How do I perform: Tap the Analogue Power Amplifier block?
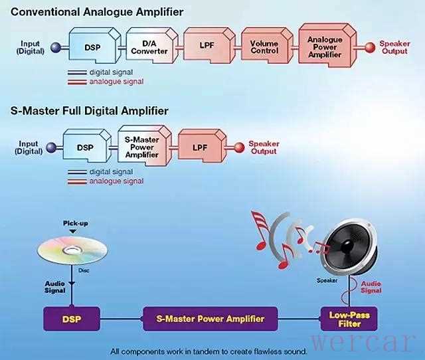pos(325,47)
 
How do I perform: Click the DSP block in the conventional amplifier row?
pos(92,47)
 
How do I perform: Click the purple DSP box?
pos(72,318)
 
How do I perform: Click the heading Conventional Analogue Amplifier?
pos(97,12)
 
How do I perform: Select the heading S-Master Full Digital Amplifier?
pos(90,111)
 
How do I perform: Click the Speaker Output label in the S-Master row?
pos(264,147)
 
